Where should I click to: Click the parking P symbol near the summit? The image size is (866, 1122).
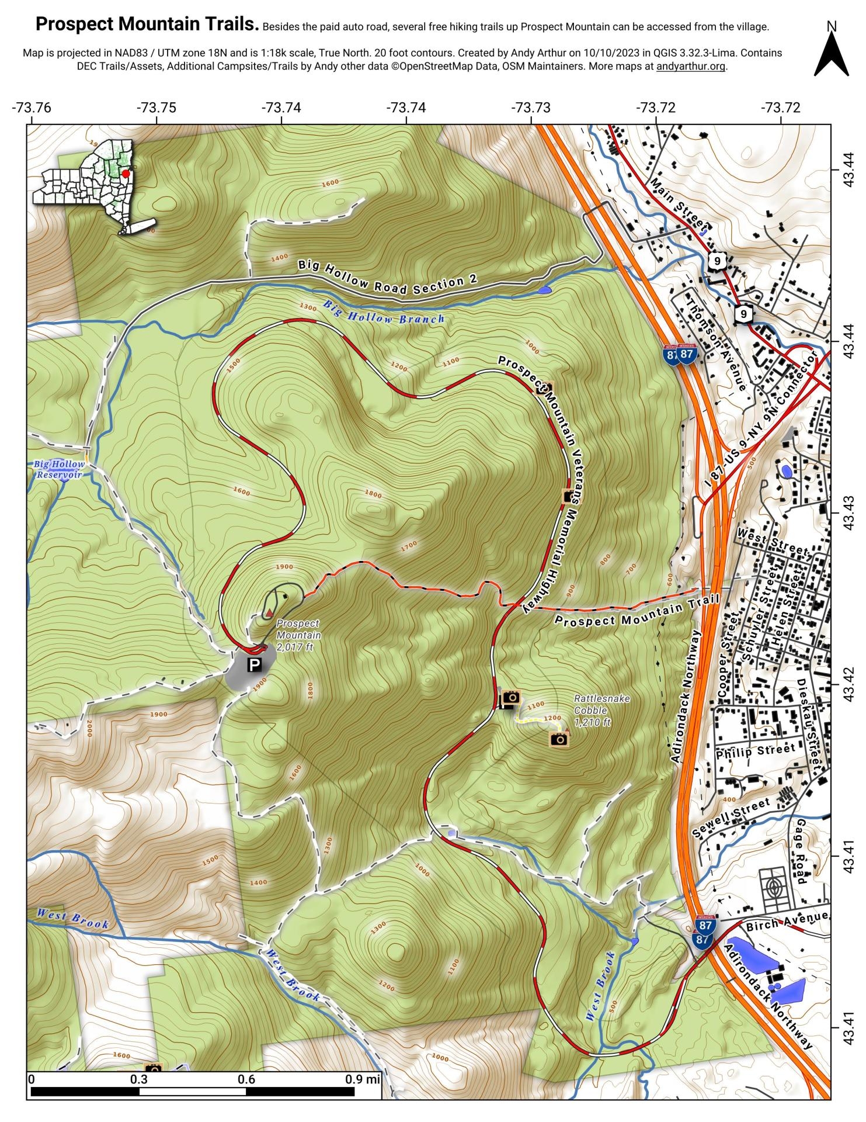255,664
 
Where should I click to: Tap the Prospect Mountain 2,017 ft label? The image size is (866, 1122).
298,635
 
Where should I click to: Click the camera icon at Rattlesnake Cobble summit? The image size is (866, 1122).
559,739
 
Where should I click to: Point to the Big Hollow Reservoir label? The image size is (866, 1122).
59,469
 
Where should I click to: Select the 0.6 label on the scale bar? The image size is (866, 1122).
246,1079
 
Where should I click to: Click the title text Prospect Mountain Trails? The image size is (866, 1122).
147,25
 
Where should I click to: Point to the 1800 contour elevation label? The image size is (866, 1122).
373,494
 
